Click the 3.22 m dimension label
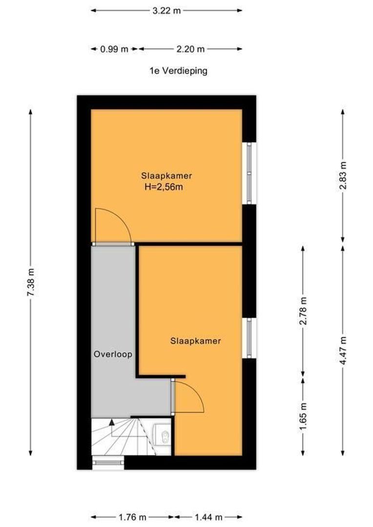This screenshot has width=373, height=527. pyautogui.click(x=166, y=10)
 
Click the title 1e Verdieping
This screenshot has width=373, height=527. pyautogui.click(x=178, y=71)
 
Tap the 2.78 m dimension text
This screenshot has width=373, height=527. pyautogui.click(x=303, y=311)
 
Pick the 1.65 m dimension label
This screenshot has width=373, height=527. pyautogui.click(x=303, y=415)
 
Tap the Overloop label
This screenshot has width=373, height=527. pyautogui.click(x=113, y=355)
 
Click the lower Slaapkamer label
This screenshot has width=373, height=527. pyautogui.click(x=195, y=341)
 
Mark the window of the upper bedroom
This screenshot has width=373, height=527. pyautogui.click(x=249, y=173)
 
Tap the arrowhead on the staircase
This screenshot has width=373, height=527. pyautogui.click(x=112, y=422)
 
